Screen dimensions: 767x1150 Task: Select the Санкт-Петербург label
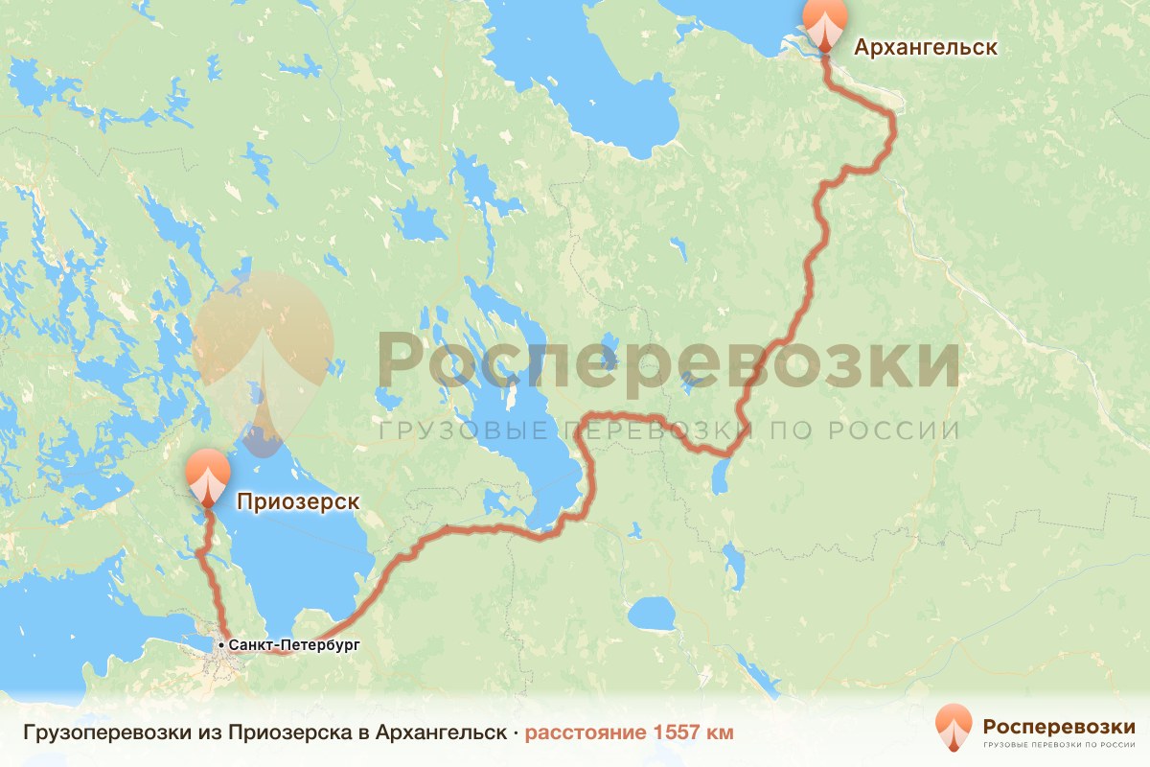pyautogui.click(x=294, y=645)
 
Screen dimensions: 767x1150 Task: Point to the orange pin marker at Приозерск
pyautogui.click(x=207, y=476)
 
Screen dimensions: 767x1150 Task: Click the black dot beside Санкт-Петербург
pyautogui.click(x=221, y=645)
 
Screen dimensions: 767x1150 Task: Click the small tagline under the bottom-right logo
pyautogui.click(x=1059, y=743)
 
